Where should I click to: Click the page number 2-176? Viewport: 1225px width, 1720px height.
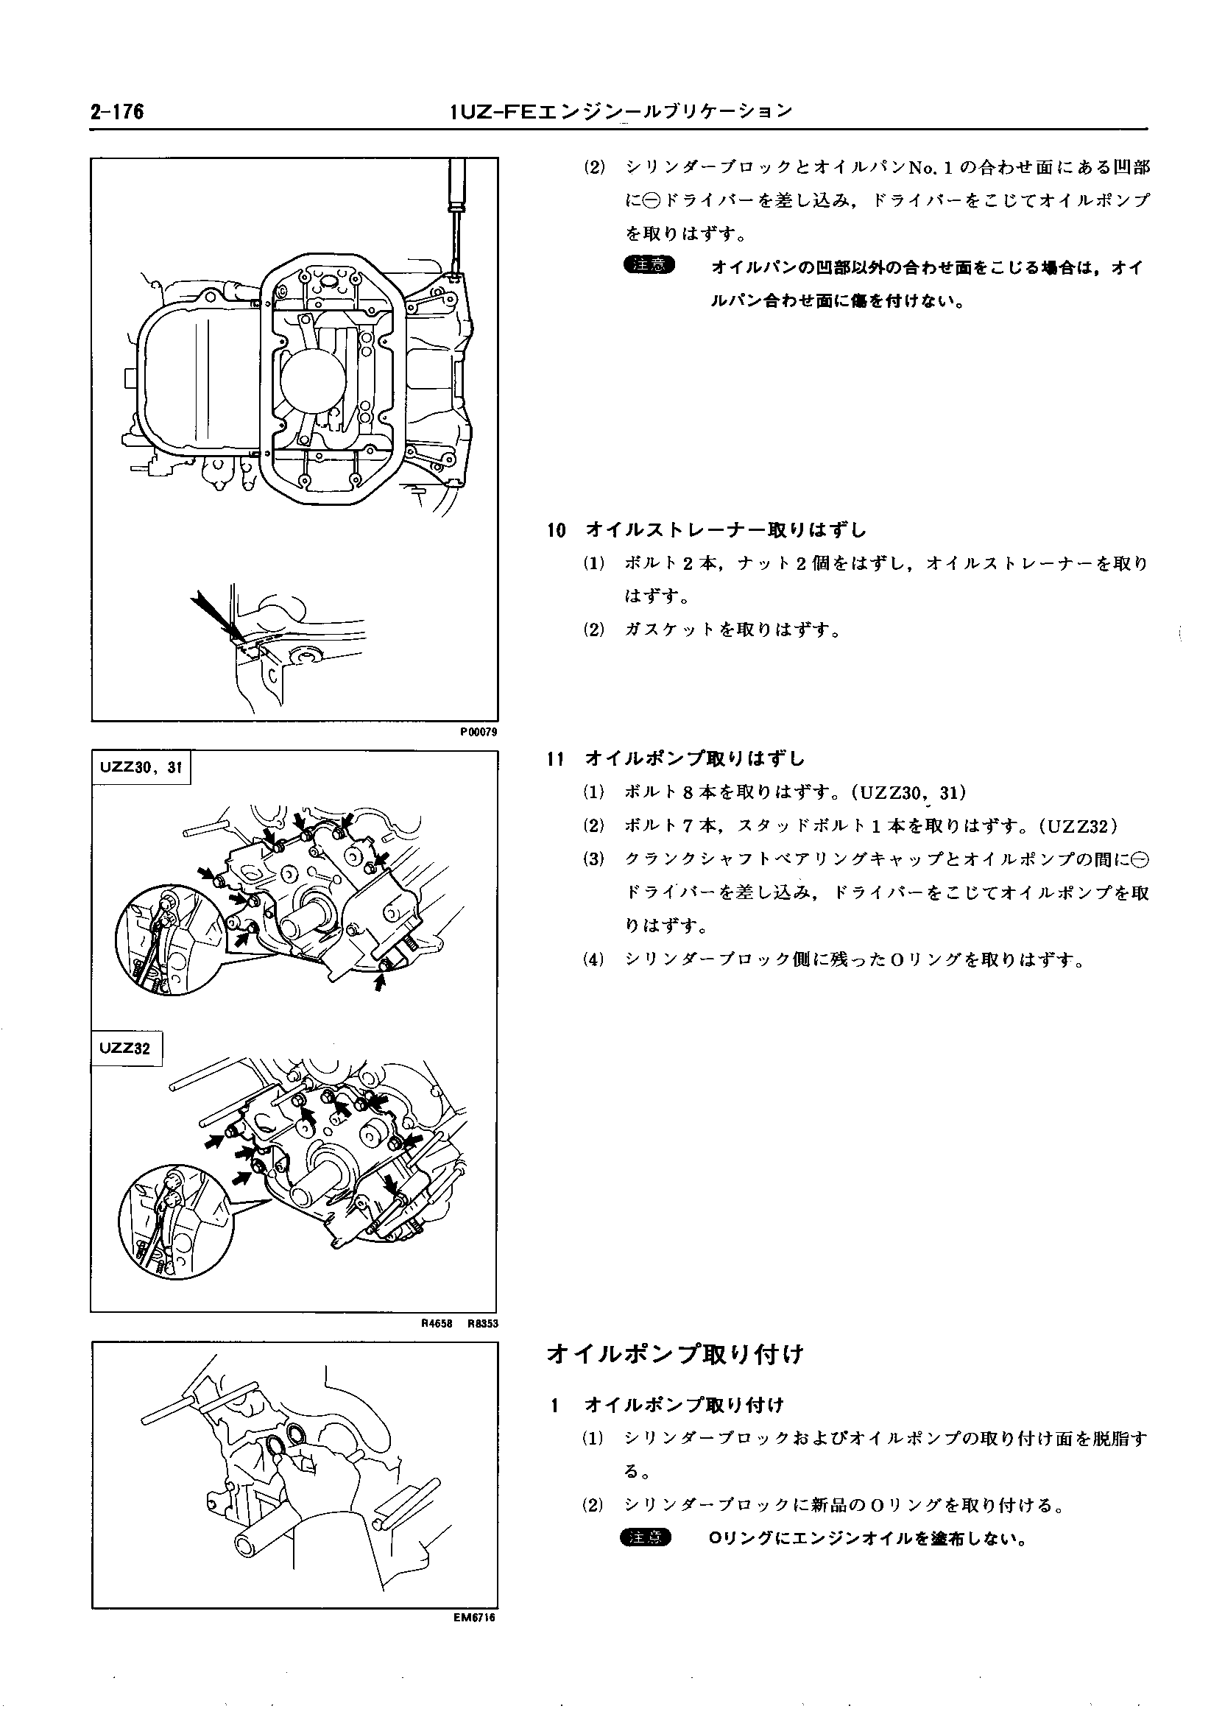(x=117, y=113)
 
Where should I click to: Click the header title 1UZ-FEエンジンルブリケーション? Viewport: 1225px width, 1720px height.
(x=620, y=113)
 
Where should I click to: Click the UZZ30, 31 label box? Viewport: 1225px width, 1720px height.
(x=141, y=767)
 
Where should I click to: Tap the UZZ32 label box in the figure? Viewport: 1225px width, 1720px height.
(x=126, y=1047)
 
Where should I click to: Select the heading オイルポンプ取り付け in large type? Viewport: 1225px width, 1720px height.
(x=675, y=1354)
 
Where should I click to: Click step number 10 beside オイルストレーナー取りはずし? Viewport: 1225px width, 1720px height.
(x=556, y=530)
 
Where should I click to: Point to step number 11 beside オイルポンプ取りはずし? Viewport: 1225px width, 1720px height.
(x=556, y=758)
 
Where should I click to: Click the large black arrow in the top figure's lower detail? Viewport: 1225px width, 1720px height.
(x=216, y=613)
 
